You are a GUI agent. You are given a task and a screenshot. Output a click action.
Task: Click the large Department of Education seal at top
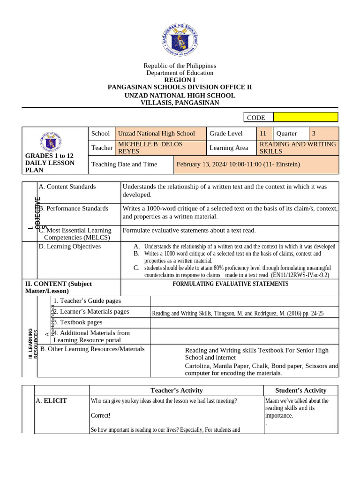180,40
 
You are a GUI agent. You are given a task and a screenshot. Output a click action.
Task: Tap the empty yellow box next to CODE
305,117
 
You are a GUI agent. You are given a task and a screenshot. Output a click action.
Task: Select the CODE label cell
258,118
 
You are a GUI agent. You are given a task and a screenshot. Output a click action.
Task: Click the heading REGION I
180,80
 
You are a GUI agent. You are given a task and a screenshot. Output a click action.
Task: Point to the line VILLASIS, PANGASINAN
180,103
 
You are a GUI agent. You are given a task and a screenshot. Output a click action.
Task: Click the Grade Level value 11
263,134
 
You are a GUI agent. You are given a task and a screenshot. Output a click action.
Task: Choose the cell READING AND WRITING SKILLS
298,148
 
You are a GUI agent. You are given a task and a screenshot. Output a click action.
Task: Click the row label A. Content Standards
67,187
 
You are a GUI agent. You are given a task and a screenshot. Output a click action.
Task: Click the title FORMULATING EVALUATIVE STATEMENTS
230,284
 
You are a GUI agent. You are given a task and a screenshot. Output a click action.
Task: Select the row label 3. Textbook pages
78,322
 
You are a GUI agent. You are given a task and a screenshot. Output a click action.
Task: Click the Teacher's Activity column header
176,390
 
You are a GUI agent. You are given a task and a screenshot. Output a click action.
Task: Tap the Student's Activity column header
300,390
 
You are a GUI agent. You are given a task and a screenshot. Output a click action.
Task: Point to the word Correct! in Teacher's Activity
101,415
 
